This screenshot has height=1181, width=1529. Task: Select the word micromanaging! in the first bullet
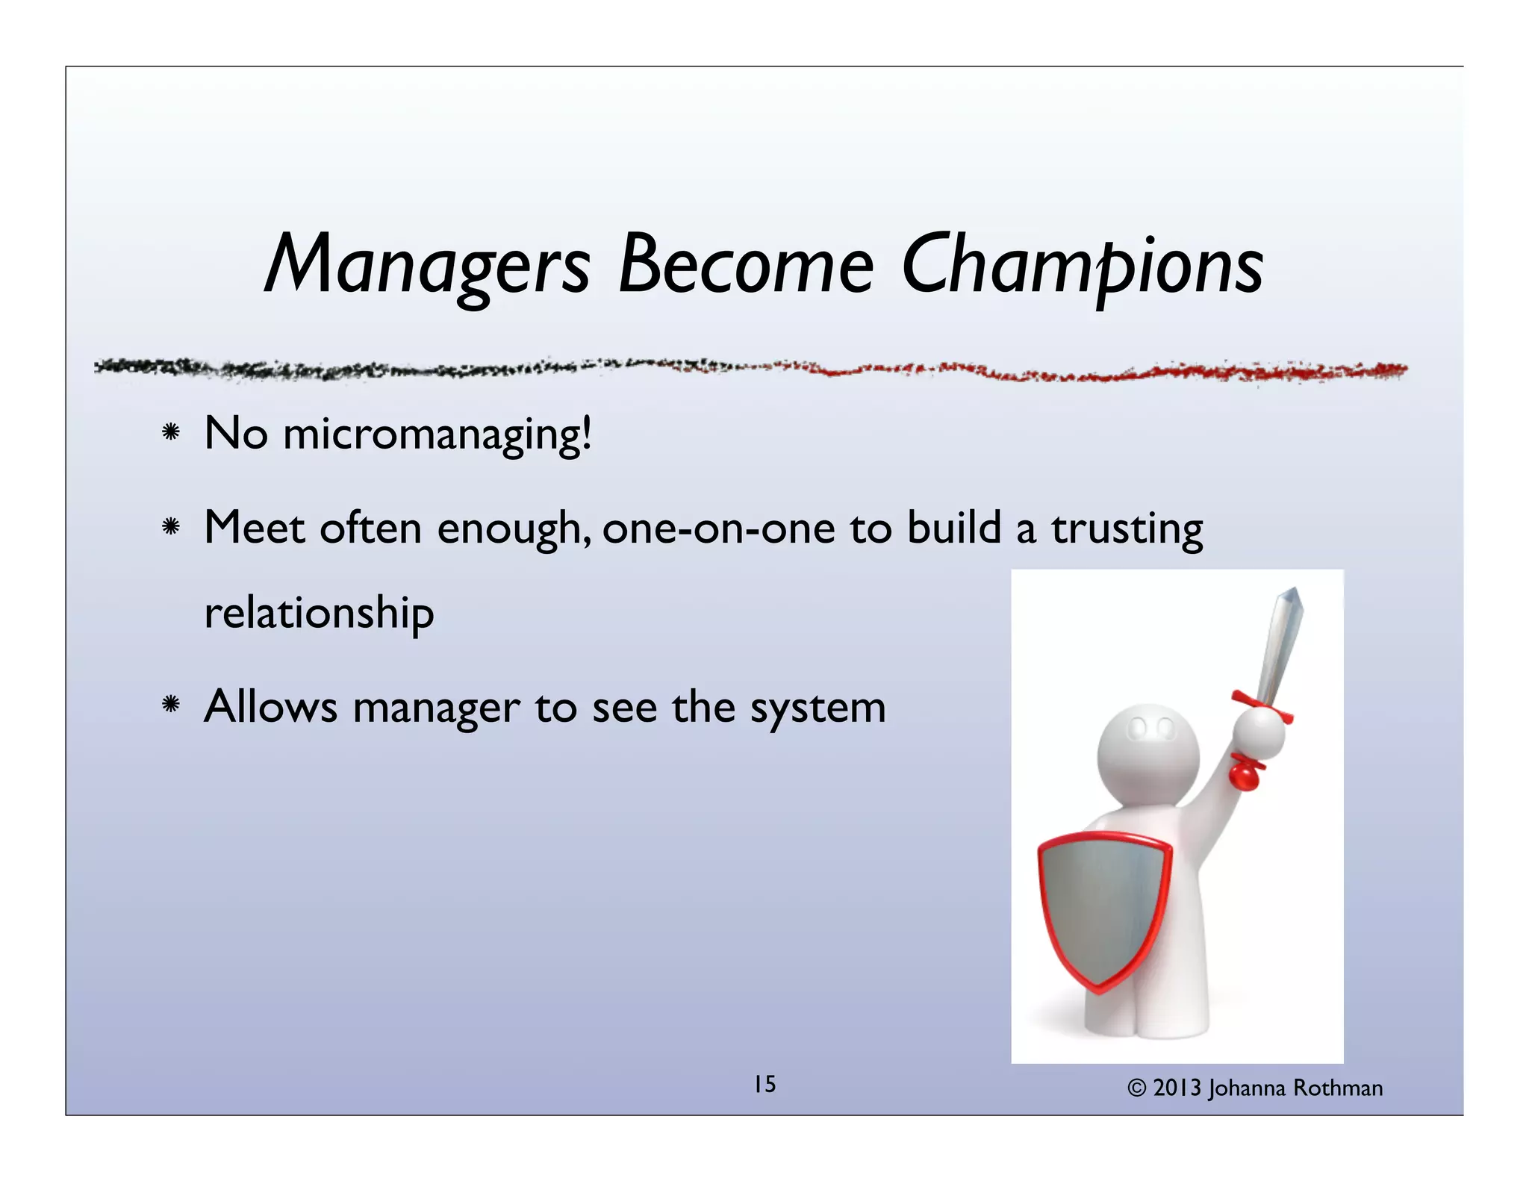pyautogui.click(x=437, y=435)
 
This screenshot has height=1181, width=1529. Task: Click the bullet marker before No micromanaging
pyautogui.click(x=171, y=432)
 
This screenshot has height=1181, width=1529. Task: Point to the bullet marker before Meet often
pyautogui.click(x=171, y=528)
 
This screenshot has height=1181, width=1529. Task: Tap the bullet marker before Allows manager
pyautogui.click(x=171, y=705)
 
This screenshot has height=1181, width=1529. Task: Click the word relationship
pyautogui.click(x=319, y=614)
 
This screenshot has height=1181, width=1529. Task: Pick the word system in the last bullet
pyautogui.click(x=818, y=708)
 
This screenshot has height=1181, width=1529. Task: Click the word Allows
pyautogui.click(x=270, y=706)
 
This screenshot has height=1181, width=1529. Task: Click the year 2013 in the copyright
pyautogui.click(x=1177, y=1088)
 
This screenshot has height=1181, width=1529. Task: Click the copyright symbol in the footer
pyautogui.click(x=1136, y=1088)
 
